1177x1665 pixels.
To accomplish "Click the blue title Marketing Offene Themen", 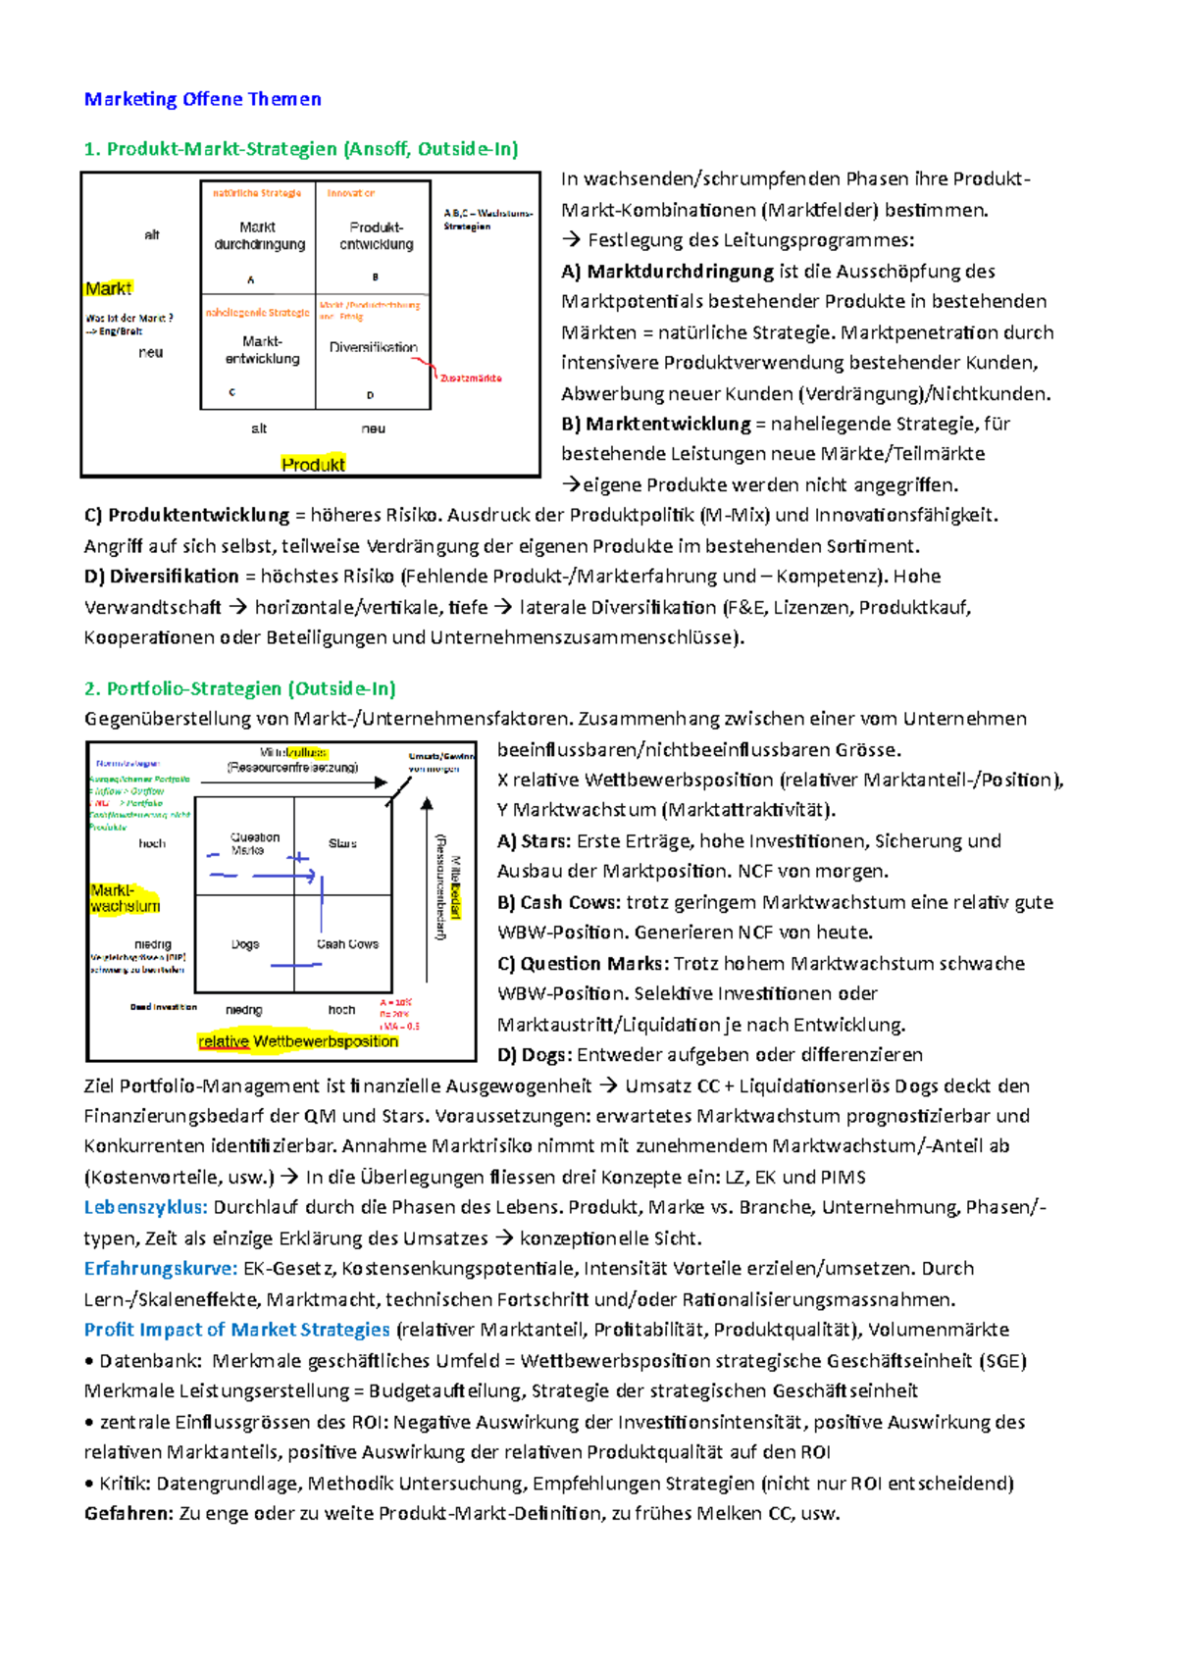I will click(x=202, y=99).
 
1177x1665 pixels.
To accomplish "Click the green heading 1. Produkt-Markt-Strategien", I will click(x=300, y=149).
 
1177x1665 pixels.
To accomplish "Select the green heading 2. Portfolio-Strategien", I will click(x=239, y=688).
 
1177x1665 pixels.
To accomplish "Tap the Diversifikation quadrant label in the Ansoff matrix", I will click(x=373, y=347).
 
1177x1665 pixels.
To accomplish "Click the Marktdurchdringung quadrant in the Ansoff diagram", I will click(x=259, y=235).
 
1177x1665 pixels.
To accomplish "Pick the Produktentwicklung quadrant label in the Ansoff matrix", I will click(x=377, y=235).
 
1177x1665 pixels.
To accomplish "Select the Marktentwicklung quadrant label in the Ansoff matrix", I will click(x=262, y=350).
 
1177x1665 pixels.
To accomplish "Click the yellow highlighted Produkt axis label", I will click(x=313, y=464).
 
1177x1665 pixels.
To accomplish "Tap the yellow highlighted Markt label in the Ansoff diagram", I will click(x=108, y=288).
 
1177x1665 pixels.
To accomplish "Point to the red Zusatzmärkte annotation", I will click(x=471, y=378).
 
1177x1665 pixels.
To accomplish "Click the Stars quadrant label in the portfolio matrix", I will click(x=342, y=843).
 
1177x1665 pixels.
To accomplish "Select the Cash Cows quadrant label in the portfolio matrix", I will click(x=347, y=944).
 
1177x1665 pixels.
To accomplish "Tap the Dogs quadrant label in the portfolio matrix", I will click(x=245, y=944).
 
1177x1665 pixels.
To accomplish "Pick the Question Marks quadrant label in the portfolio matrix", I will click(x=254, y=843).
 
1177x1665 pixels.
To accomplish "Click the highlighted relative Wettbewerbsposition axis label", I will click(x=298, y=1041).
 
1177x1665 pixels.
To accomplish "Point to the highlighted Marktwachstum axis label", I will click(x=124, y=898).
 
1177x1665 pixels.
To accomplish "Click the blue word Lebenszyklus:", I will click(x=145, y=1207).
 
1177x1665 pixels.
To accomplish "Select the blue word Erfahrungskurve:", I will click(x=161, y=1269).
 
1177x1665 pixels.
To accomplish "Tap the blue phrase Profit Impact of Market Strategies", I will click(x=236, y=1330).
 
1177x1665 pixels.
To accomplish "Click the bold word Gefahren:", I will click(x=128, y=1513).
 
